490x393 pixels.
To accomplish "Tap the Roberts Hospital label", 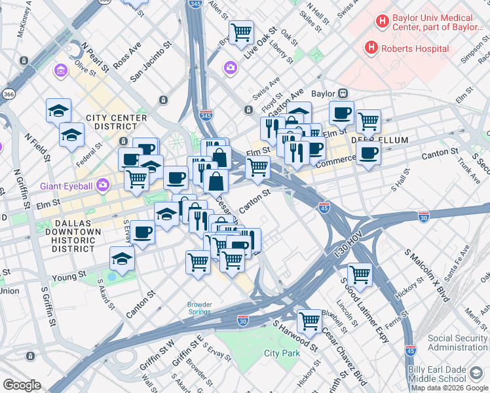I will pos(415,48).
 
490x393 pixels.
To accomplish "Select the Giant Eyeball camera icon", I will pos(103,185).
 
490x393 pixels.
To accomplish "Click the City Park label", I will pos(281,353).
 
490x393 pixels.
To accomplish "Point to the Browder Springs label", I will pos(200,308).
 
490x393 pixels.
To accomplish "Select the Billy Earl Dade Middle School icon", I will pos(476,374).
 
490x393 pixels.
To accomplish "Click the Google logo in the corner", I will pos(22,385).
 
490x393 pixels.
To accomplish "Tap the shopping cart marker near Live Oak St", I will pos(242,31).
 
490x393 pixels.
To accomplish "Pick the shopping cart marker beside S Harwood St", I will pos(309,321).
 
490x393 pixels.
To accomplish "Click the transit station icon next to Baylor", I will pos(342,94).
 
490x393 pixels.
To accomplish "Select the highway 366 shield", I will pos(9,94).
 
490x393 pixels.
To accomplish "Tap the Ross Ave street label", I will pos(127,58).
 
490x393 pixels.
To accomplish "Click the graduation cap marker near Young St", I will pos(122,259).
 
